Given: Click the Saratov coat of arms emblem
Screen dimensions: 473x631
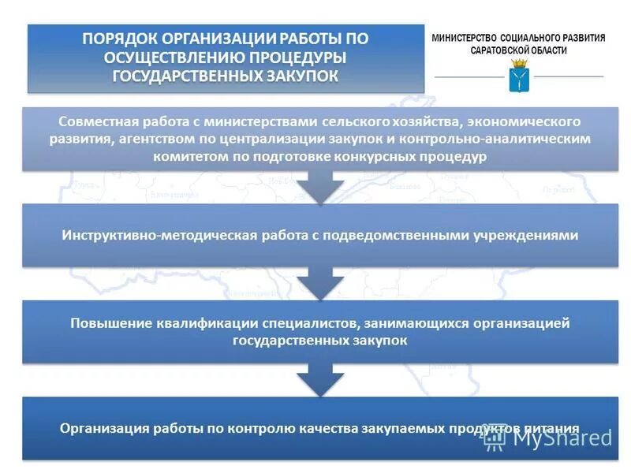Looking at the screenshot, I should point(518,78).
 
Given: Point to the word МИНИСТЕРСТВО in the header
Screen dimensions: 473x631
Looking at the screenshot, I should point(471,38).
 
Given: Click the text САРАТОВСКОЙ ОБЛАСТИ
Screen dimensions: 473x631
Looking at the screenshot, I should point(518,50).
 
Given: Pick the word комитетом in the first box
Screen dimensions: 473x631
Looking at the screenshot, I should point(189,156).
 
